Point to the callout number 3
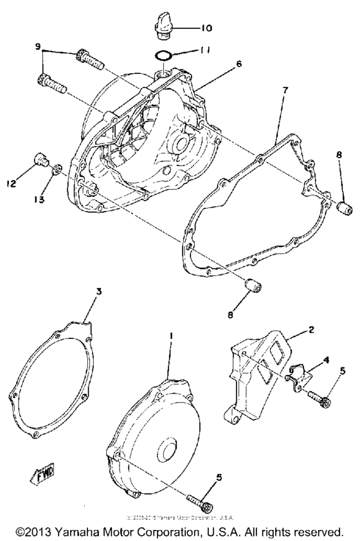pos(98,292)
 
